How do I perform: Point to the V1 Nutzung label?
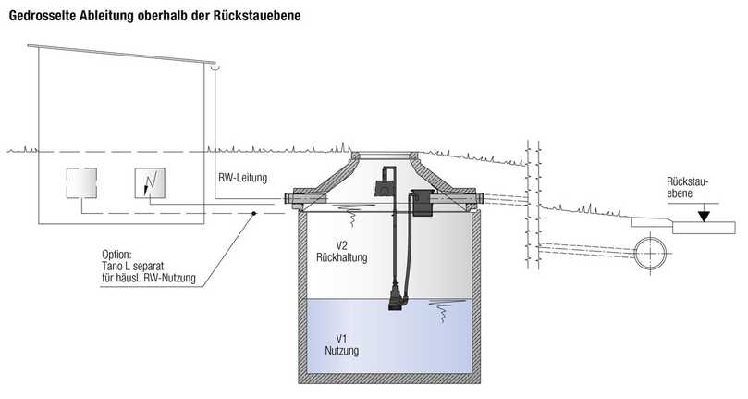(339, 345)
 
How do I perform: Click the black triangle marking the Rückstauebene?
(705, 216)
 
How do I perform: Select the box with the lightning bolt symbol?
(151, 183)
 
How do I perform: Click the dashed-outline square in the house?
(82, 183)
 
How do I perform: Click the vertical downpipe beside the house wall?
(215, 130)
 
